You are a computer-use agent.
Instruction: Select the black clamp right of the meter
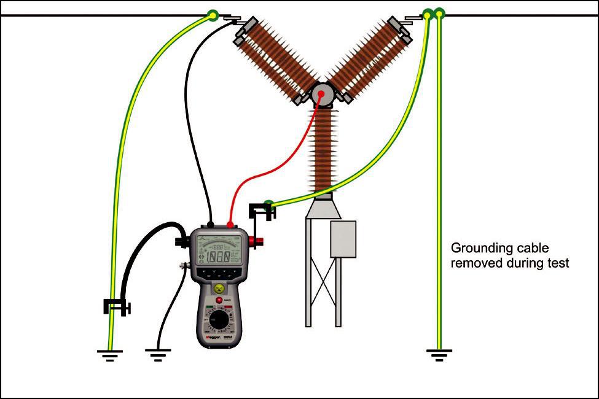pos(261,212)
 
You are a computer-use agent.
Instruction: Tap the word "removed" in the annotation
pos(472,263)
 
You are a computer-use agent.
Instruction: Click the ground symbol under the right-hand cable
pos(439,354)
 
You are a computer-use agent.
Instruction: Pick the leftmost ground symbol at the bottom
pos(109,355)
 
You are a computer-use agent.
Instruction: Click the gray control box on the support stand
pos(343,239)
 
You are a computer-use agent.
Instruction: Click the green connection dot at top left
pos(213,14)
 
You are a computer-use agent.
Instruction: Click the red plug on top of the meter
pos(230,225)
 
